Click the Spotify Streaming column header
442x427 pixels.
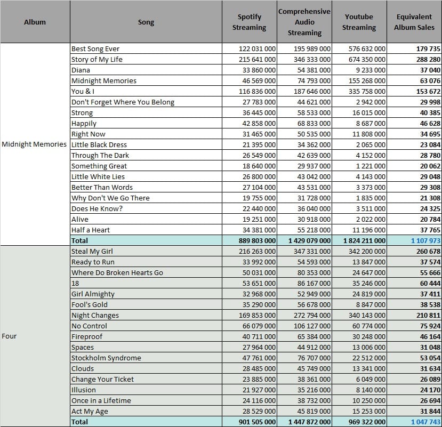click(249, 22)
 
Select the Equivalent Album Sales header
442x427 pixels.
click(414, 22)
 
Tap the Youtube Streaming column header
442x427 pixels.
click(359, 22)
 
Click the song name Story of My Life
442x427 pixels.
click(97, 60)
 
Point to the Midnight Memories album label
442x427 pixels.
click(34, 144)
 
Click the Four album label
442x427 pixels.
click(9, 336)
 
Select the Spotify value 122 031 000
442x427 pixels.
click(257, 49)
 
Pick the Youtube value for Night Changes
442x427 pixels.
click(367, 315)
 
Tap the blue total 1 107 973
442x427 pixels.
click(425, 241)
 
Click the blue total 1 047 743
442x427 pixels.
click(425, 422)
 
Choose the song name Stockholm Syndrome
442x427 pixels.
click(106, 358)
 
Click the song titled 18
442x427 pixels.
click(75, 283)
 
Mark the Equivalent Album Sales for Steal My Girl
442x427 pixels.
click(428, 251)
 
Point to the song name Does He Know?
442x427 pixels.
click(97, 208)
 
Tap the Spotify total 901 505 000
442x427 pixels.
click(257, 422)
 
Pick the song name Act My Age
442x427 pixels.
click(90, 412)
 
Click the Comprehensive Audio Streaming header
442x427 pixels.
click(304, 22)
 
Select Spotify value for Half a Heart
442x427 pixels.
click(259, 230)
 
